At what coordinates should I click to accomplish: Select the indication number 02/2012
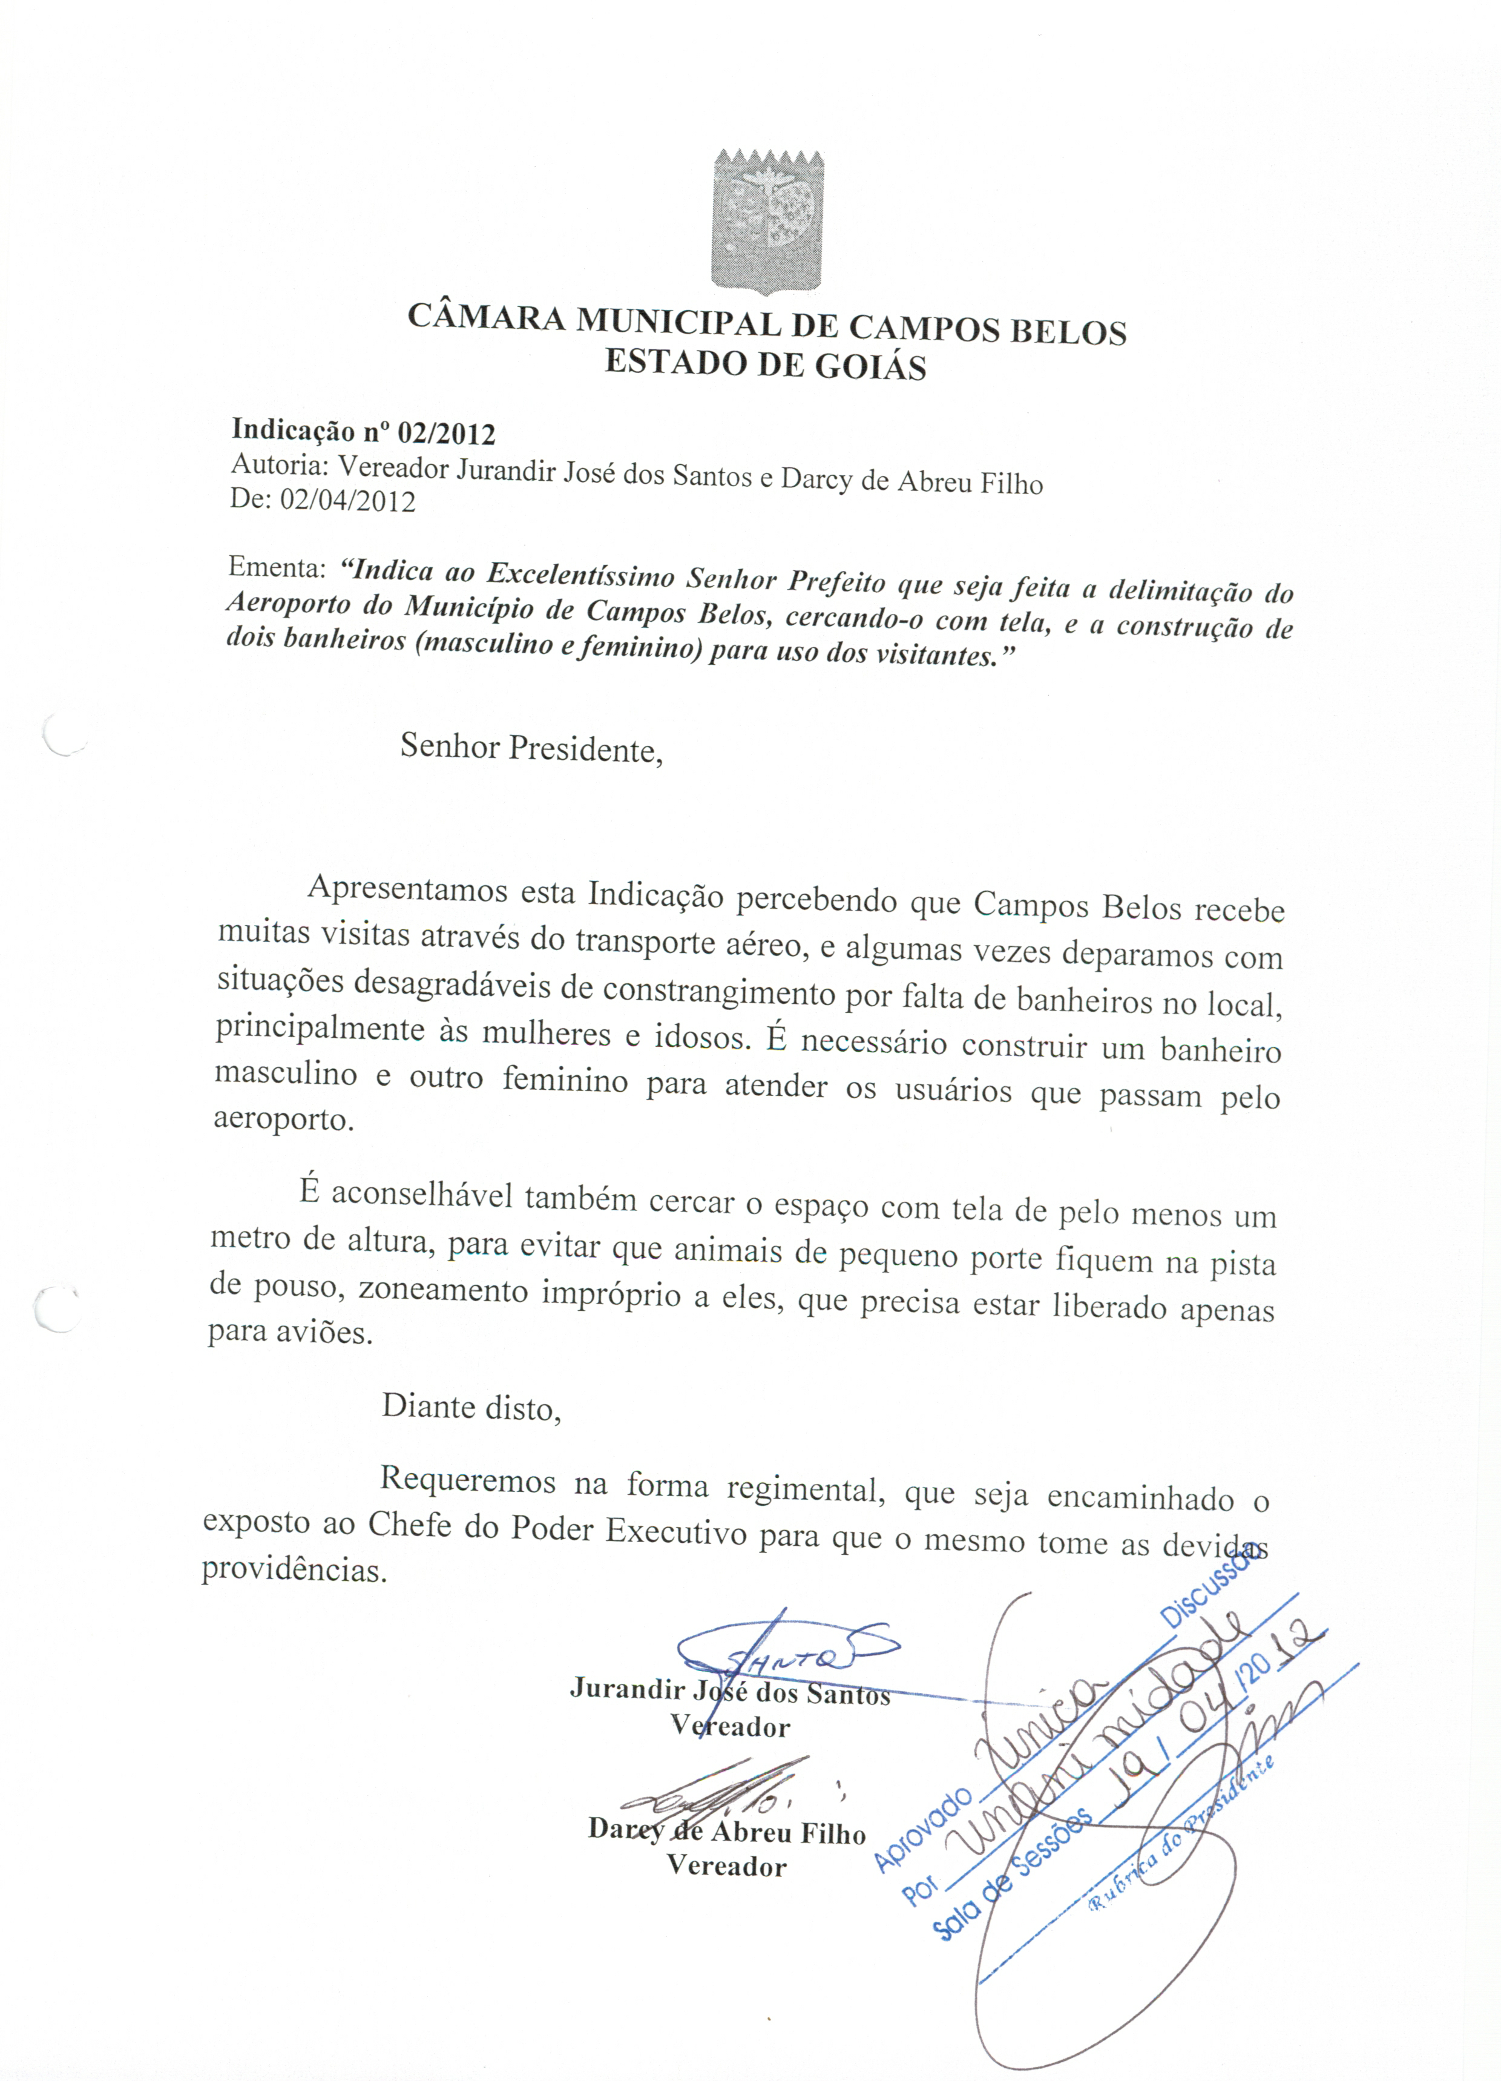point(446,433)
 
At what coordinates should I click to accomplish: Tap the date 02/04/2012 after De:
point(348,501)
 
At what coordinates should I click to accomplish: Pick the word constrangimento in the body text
point(719,992)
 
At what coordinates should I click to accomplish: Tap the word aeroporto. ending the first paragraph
point(283,1120)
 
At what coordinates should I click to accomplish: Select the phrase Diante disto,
point(471,1407)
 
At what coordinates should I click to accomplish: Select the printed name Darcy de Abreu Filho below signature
point(727,1830)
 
